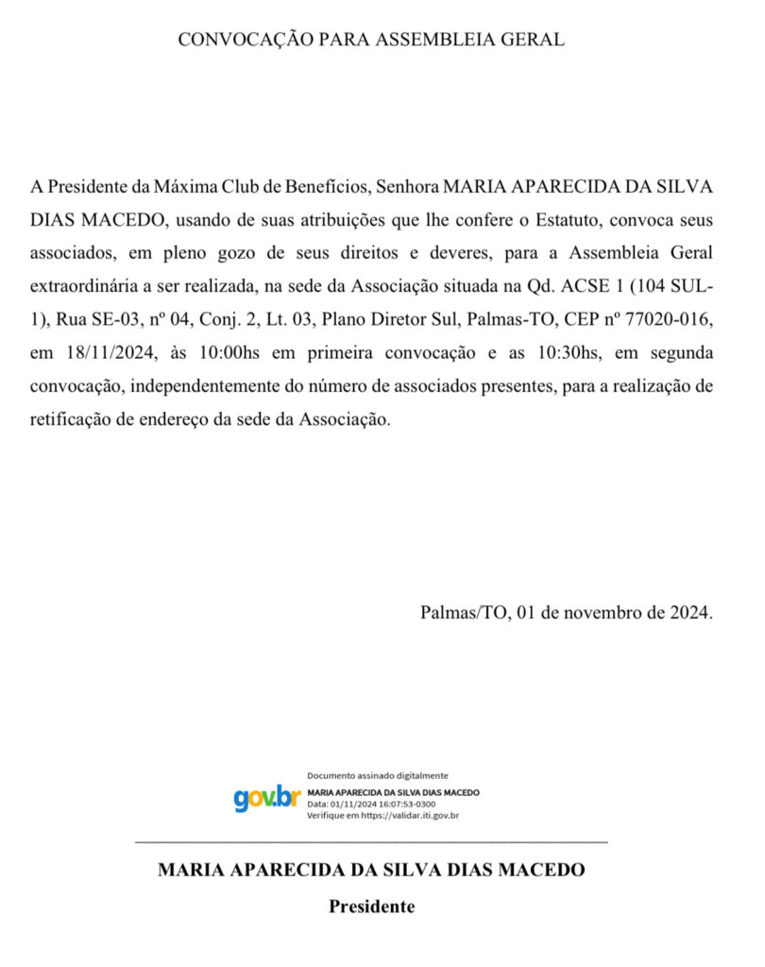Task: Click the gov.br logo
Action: click(266, 798)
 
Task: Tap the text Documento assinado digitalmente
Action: click(378, 775)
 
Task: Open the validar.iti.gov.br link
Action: click(410, 814)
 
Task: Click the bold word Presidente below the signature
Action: click(371, 907)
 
